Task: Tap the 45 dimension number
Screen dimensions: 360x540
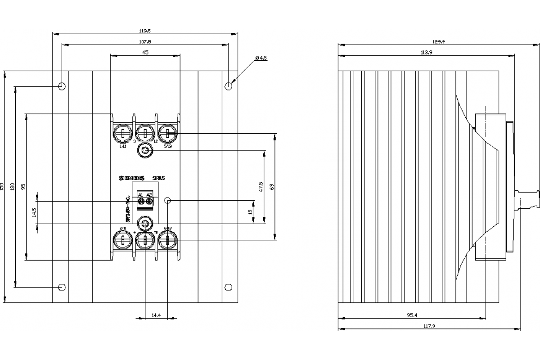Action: click(145, 52)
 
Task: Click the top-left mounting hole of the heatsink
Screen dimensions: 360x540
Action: click(62, 86)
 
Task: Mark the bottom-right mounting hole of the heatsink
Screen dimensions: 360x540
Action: click(229, 287)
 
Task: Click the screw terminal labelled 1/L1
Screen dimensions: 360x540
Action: click(123, 134)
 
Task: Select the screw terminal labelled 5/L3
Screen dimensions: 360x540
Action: click(167, 134)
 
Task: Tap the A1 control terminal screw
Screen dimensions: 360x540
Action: click(140, 202)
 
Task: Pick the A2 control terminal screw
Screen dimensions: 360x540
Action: click(149, 202)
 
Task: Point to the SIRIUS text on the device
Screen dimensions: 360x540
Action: click(159, 178)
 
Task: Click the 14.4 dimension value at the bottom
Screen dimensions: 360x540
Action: click(156, 315)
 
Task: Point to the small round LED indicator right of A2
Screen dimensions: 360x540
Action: click(168, 200)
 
